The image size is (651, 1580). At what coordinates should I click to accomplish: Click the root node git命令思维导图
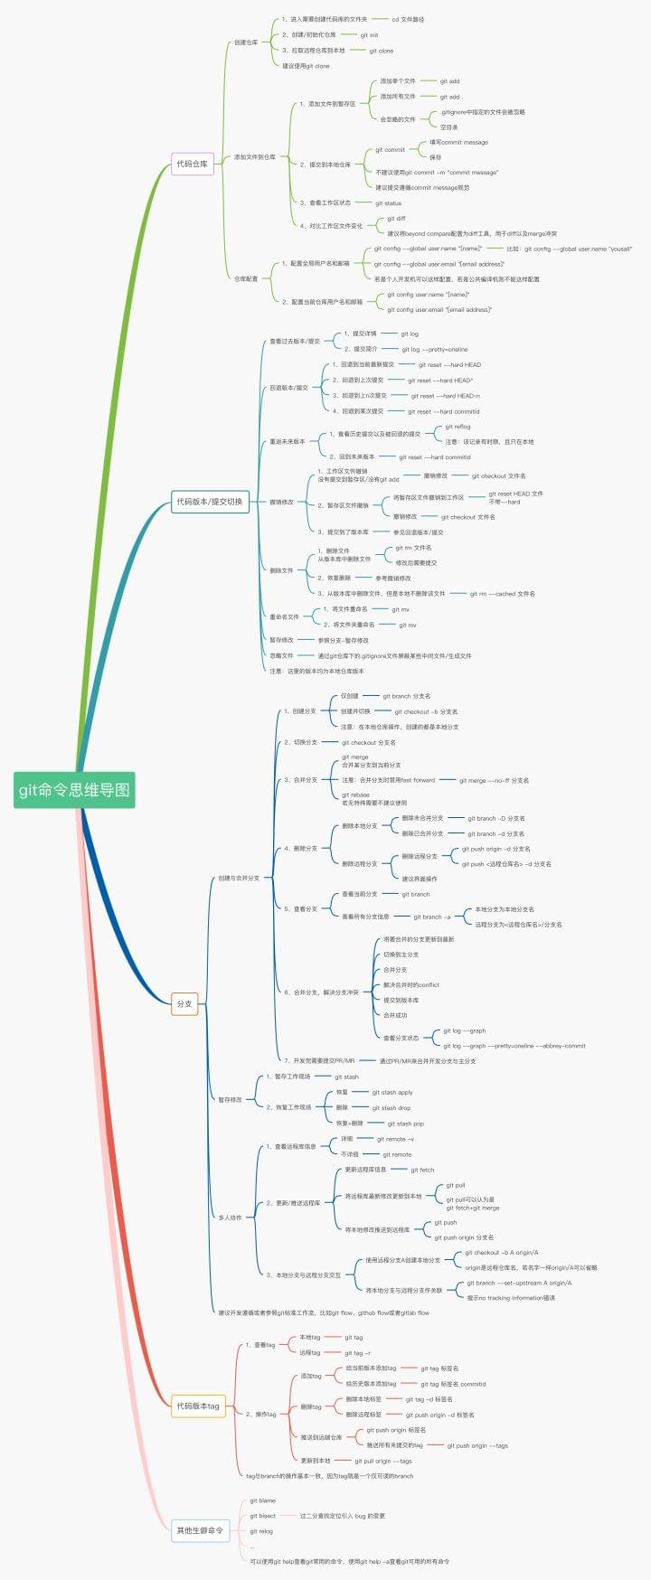click(75, 789)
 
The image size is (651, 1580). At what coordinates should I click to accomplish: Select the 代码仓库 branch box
click(192, 164)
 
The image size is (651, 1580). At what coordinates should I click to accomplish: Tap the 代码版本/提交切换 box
click(210, 502)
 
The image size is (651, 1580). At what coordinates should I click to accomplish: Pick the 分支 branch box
click(184, 1003)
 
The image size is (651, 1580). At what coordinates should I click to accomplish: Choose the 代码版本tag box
click(198, 1406)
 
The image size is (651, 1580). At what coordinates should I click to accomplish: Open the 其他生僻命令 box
click(200, 1530)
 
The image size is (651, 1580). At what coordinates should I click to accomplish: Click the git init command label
click(369, 35)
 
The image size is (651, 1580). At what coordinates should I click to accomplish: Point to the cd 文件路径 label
click(408, 19)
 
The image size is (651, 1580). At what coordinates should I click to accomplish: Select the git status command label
click(388, 203)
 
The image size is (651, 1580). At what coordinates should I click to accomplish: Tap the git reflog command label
click(458, 427)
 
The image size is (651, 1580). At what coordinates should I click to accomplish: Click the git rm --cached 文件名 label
click(502, 594)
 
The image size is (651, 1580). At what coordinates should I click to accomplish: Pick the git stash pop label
click(405, 1124)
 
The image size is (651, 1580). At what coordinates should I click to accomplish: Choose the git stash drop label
click(391, 1107)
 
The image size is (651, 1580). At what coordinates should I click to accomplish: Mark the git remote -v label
click(395, 1139)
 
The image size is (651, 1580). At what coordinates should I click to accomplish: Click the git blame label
click(262, 1500)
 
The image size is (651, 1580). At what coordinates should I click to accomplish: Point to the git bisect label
click(262, 1516)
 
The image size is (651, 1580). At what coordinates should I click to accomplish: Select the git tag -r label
click(357, 1353)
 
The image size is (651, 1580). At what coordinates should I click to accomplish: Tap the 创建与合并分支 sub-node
click(239, 878)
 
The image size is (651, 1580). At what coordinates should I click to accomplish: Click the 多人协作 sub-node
click(230, 1218)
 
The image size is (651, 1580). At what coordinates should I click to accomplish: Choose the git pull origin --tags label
click(382, 1461)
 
